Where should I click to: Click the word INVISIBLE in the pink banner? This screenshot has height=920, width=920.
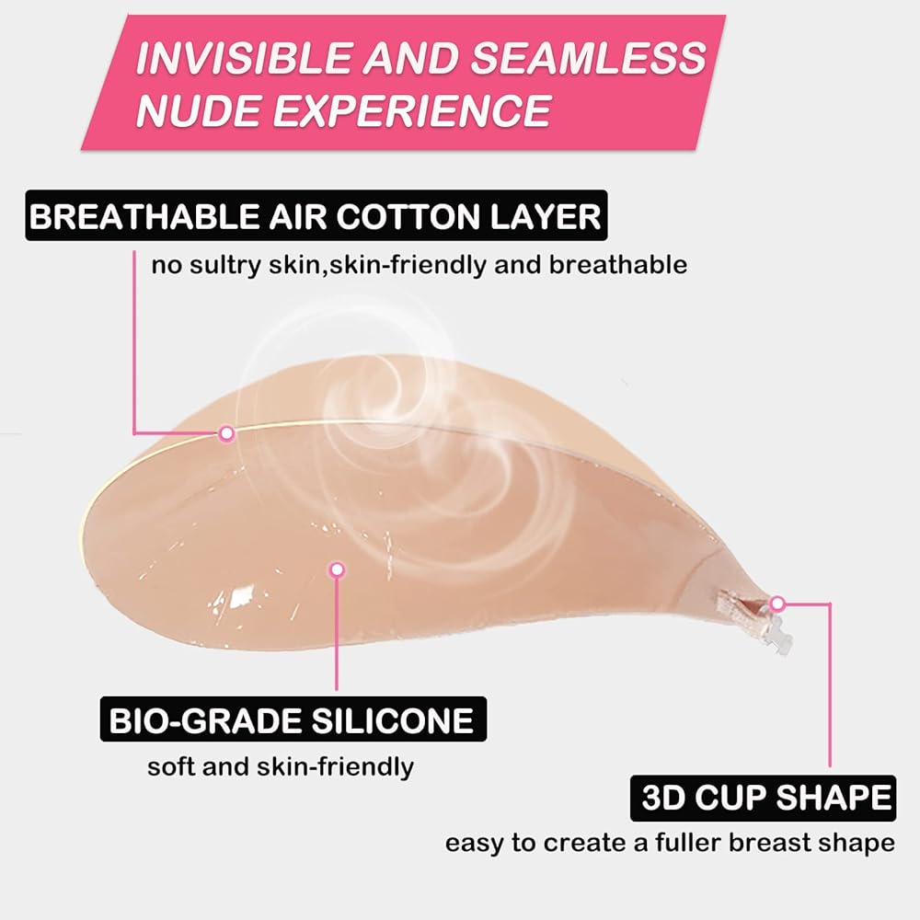pyautogui.click(x=242, y=57)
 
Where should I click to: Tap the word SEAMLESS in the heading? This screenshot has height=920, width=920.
pyautogui.click(x=589, y=57)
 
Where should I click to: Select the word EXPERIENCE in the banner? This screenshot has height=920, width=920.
pyautogui.click(x=411, y=110)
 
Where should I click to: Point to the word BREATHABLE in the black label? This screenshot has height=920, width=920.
pyautogui.click(x=144, y=216)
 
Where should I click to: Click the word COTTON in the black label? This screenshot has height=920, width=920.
pyautogui.click(x=408, y=216)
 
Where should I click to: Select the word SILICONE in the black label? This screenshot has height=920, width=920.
pyautogui.click(x=393, y=720)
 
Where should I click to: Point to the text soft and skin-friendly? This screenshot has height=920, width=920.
pyautogui.click(x=281, y=767)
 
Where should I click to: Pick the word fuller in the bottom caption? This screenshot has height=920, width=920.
pyautogui.click(x=687, y=843)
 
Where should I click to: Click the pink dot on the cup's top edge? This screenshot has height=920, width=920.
pyautogui.click(x=226, y=433)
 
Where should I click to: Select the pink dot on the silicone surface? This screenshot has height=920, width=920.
pyautogui.click(x=338, y=569)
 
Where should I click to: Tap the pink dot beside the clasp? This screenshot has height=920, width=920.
pyautogui.click(x=777, y=604)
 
